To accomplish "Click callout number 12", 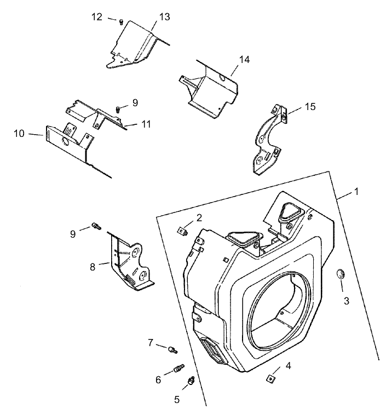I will [x=96, y=17].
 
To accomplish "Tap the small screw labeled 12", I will [x=120, y=21].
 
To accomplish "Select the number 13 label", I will [x=165, y=17].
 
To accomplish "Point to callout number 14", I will [x=244, y=59].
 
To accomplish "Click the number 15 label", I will [x=310, y=106].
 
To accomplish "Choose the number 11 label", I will [x=146, y=124].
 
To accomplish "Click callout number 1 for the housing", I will [x=356, y=192].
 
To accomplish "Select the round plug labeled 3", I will [x=339, y=274].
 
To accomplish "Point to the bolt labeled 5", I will [x=191, y=380].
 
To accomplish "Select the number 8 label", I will [x=93, y=267].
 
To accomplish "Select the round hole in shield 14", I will [x=222, y=79].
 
